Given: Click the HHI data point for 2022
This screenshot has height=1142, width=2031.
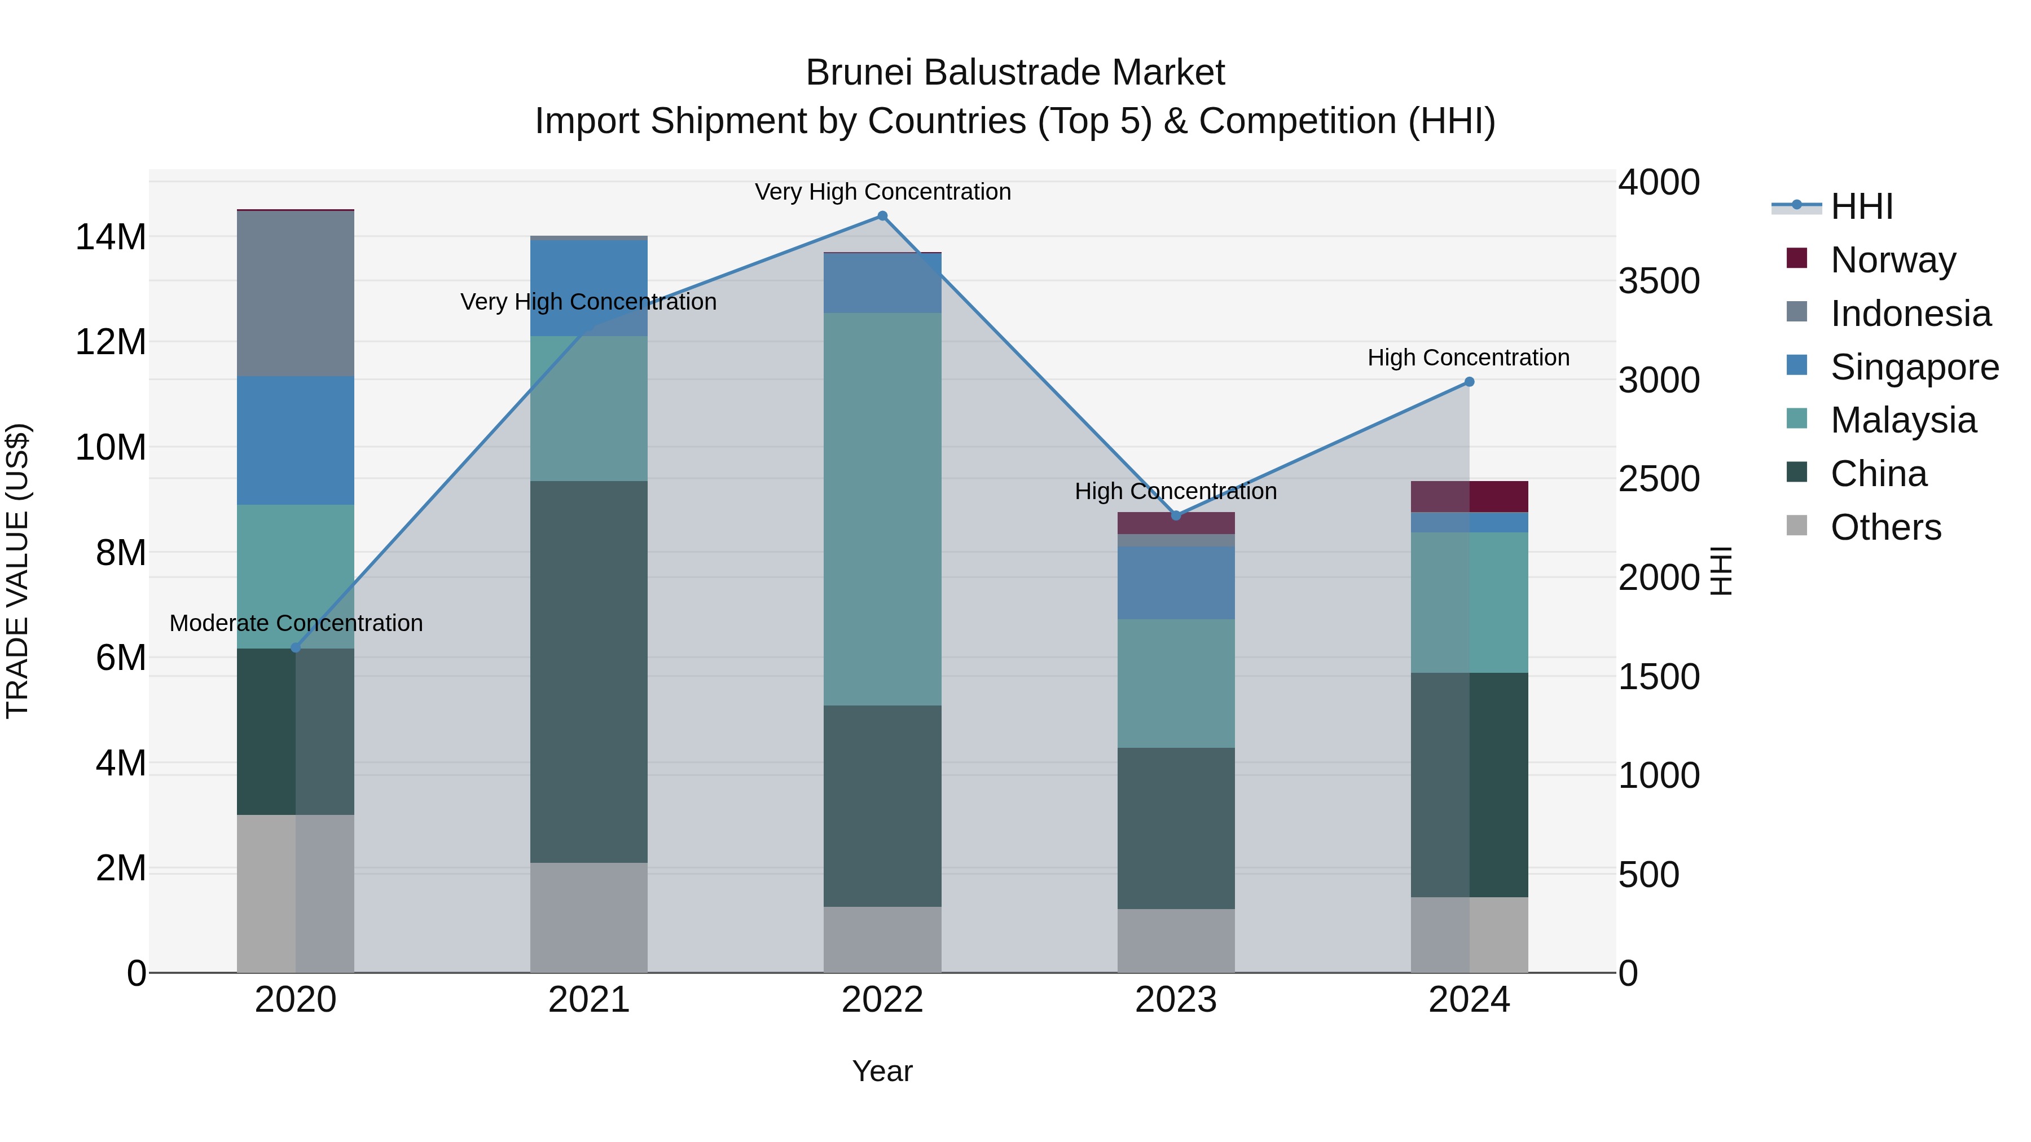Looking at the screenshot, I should pyautogui.click(x=882, y=216).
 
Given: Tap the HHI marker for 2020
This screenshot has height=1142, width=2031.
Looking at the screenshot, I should pyautogui.click(x=296, y=648).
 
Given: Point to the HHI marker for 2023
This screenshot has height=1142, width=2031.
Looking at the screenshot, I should pyautogui.click(x=1176, y=515).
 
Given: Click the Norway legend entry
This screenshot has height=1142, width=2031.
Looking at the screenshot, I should pyautogui.click(x=1892, y=260).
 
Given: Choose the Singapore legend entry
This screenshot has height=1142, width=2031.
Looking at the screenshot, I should pyautogui.click(x=1914, y=367).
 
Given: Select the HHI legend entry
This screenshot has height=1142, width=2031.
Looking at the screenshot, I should pyautogui.click(x=1861, y=206).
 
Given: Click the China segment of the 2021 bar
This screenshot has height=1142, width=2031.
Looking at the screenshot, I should pyautogui.click(x=589, y=672).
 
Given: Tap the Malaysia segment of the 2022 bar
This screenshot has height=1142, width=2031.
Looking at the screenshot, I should pyautogui.click(x=882, y=509).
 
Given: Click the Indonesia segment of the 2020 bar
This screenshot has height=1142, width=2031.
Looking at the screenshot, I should pyautogui.click(x=296, y=293).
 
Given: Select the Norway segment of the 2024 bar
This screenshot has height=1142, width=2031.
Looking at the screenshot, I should pyautogui.click(x=1469, y=496).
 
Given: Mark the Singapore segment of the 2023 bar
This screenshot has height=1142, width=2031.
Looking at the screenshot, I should pyautogui.click(x=1176, y=583).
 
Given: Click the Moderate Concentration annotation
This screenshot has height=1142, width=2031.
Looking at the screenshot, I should pyautogui.click(x=296, y=623).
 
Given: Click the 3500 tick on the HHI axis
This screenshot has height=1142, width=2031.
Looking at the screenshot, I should pyautogui.click(x=1659, y=281).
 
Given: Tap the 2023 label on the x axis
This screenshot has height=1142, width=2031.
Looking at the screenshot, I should pyautogui.click(x=1176, y=1000).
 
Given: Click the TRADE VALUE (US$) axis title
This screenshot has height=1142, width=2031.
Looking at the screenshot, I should pyautogui.click(x=17, y=571).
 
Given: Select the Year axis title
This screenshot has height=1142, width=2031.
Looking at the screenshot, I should pyautogui.click(x=882, y=1071).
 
